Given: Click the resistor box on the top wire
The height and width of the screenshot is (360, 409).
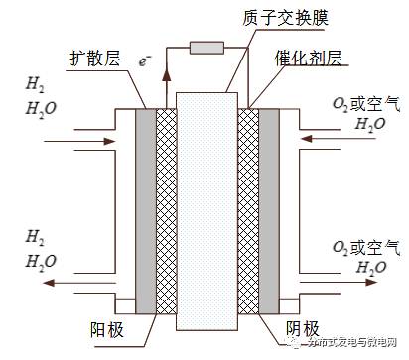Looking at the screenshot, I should [205, 47].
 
